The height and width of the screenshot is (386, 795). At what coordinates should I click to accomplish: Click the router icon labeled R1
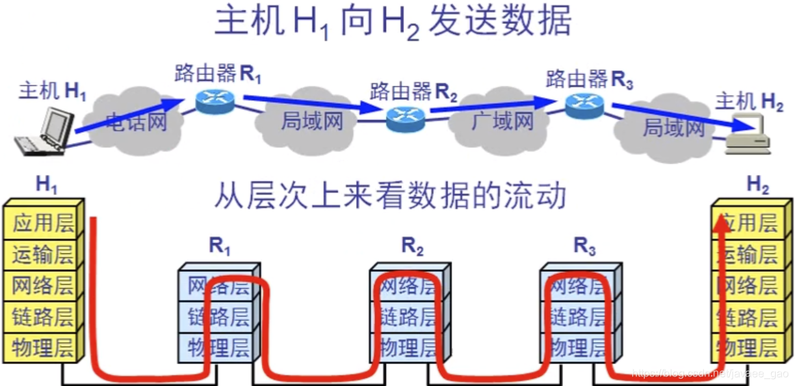[x=214, y=101]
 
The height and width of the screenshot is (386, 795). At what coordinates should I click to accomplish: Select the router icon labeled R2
[x=405, y=119]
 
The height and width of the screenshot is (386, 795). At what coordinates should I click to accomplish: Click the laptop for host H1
[x=46, y=134]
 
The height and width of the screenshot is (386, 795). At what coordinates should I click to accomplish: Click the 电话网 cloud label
[x=136, y=122]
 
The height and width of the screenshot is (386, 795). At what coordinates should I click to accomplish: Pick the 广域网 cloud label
[x=502, y=122]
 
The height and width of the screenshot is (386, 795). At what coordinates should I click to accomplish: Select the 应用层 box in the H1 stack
[x=42, y=223]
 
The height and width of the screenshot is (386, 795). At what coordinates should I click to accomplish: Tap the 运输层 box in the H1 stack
[x=42, y=254]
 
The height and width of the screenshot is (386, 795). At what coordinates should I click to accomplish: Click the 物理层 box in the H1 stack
[x=42, y=348]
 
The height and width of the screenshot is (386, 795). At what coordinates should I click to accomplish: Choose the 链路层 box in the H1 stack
[x=42, y=316]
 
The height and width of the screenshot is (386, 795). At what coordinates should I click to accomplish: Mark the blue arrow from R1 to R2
[x=308, y=104]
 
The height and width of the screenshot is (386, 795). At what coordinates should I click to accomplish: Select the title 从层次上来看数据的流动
[x=391, y=196]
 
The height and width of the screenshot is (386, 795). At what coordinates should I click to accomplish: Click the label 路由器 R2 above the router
[x=413, y=92]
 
